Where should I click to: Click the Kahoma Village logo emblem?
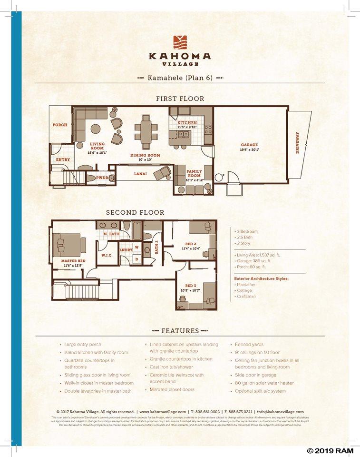180,42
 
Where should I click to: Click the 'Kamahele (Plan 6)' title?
180,77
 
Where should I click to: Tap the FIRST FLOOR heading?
180,99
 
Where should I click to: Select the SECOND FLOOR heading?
135,212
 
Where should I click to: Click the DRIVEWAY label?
298,142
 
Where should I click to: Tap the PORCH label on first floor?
60,125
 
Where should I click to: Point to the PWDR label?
102,178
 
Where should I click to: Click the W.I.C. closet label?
107,255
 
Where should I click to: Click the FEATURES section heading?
180,331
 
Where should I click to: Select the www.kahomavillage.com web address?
162,412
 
